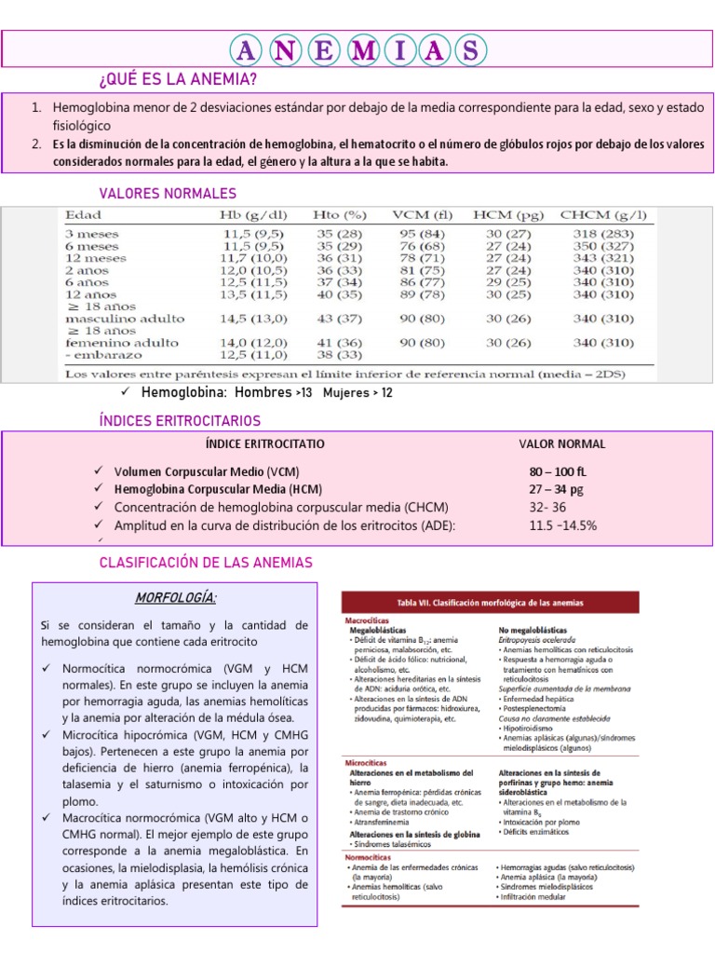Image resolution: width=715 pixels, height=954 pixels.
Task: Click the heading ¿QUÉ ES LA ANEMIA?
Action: pyautogui.click(x=177, y=78)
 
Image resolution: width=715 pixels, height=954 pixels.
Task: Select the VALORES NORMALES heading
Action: pyautogui.click(x=168, y=193)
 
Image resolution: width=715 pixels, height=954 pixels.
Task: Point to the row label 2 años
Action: pyautogui.click(x=86, y=270)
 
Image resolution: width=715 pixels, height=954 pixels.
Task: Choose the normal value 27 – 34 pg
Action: pyautogui.click(x=557, y=489)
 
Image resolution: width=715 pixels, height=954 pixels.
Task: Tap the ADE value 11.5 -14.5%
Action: pyautogui.click(x=562, y=525)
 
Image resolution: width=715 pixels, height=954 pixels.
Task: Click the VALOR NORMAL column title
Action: pyautogui.click(x=562, y=444)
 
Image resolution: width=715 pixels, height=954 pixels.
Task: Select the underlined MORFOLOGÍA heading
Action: pyautogui.click(x=177, y=596)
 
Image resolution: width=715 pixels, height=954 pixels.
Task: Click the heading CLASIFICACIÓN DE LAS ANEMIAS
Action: pyautogui.click(x=206, y=563)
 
